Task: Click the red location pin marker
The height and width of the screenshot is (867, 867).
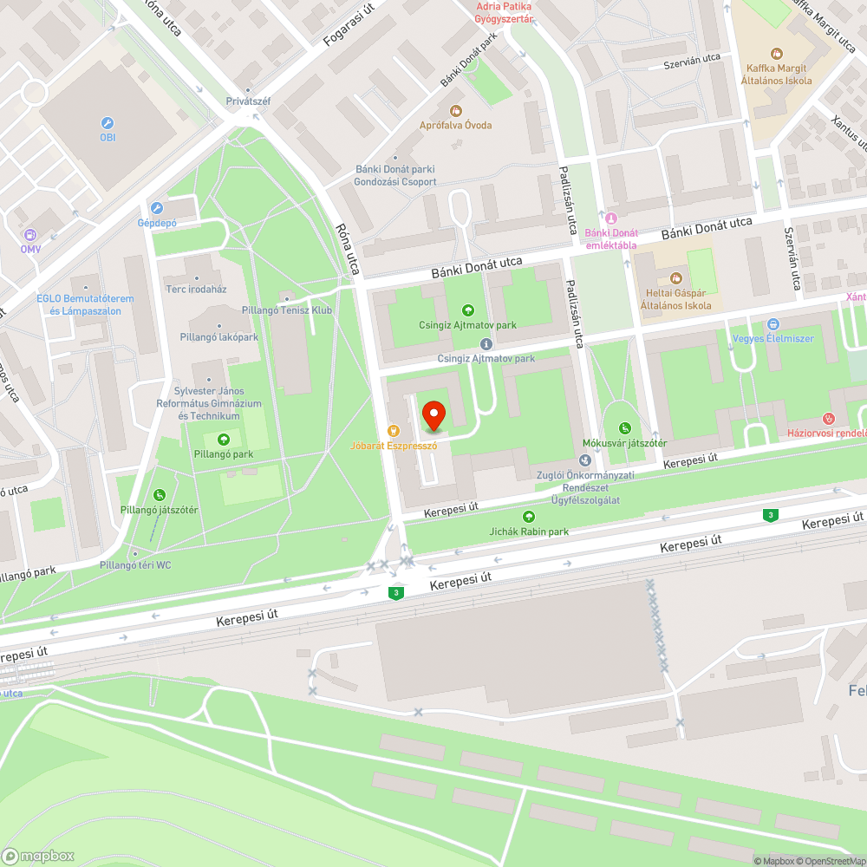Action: (433, 416)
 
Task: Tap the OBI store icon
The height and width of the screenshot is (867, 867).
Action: (108, 123)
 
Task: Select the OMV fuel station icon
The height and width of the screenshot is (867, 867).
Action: (31, 234)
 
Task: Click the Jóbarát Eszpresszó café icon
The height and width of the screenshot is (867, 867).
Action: (393, 431)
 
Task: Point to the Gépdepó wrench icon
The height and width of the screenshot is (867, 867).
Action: (157, 208)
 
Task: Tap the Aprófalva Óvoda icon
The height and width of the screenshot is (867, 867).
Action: (455, 110)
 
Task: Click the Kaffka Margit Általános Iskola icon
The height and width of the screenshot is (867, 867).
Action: (776, 54)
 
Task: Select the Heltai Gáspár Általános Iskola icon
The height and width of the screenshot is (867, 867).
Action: (675, 278)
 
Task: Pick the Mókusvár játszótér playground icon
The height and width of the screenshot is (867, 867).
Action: (625, 428)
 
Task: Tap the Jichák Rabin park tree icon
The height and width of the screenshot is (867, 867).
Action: (529, 517)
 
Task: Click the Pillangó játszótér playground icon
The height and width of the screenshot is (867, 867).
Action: (159, 495)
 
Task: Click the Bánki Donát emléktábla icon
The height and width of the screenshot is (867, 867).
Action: (611, 218)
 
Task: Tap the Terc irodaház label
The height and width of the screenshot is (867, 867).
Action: (197, 289)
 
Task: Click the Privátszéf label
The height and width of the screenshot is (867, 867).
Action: (248, 101)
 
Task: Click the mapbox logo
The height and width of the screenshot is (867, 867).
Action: (39, 856)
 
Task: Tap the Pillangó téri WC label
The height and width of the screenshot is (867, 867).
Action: (136, 565)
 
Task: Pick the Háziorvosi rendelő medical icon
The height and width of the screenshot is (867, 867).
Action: (828, 419)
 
